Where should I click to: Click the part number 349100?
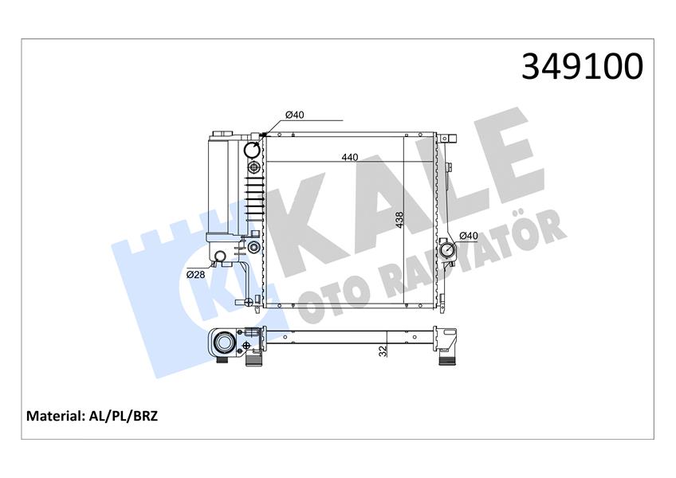click(581, 67)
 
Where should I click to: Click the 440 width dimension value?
click(349, 158)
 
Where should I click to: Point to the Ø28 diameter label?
click(195, 274)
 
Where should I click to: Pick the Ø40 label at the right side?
click(468, 236)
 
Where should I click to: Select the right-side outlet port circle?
click(445, 249)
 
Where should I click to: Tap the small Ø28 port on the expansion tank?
click(218, 256)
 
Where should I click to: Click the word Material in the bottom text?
click(56, 416)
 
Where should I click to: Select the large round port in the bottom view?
click(226, 344)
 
